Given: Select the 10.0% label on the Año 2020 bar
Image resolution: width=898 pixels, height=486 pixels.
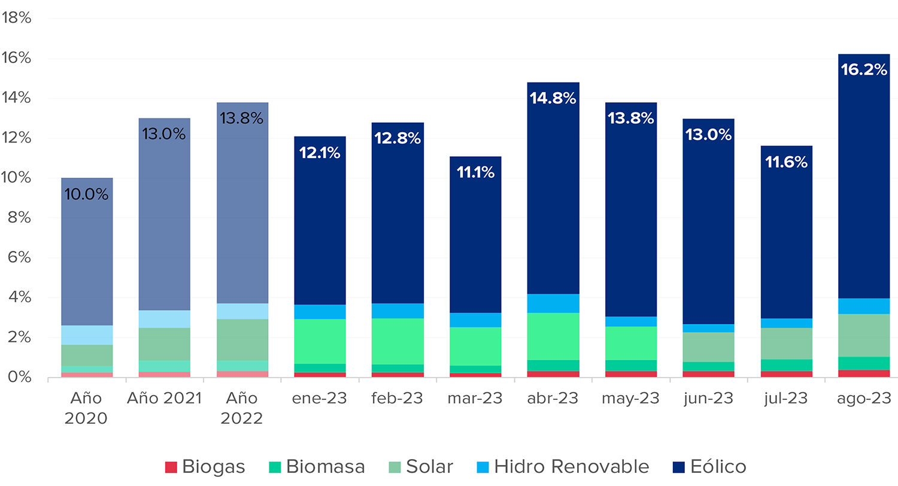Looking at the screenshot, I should (87, 194).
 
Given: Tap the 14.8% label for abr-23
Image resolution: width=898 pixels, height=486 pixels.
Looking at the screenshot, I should (553, 98).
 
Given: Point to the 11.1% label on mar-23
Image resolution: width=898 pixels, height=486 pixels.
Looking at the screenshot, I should (475, 173).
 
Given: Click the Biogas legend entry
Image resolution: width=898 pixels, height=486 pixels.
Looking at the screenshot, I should (205, 467).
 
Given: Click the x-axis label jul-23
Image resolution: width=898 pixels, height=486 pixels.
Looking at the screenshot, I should (786, 399).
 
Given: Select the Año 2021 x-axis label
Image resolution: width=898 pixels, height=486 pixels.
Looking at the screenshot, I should (164, 399).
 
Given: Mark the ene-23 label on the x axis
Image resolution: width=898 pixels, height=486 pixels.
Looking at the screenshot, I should (320, 399).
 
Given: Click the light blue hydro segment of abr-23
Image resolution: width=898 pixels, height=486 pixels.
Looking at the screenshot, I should (553, 303).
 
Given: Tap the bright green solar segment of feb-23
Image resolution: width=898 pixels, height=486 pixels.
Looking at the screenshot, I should (398, 341).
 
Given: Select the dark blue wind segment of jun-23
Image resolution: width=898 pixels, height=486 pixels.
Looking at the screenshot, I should (708, 239).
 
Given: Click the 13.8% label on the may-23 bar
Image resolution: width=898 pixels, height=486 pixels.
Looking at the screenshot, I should (630, 119).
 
